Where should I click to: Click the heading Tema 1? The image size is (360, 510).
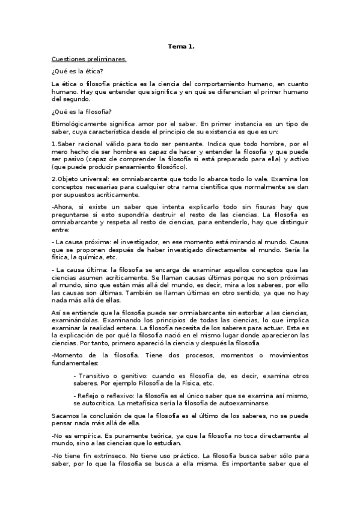click(181, 46)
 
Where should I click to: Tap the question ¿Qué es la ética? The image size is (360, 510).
click(78, 72)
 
